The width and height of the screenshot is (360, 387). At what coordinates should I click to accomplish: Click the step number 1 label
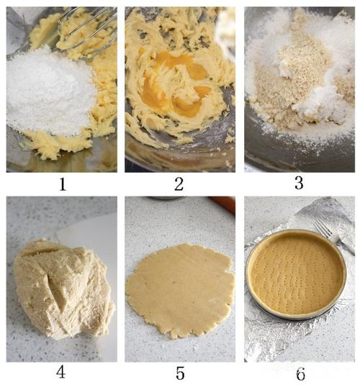[x=63, y=184]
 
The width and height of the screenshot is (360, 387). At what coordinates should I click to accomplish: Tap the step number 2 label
[x=179, y=184]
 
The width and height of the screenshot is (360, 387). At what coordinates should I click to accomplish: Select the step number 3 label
[x=299, y=183]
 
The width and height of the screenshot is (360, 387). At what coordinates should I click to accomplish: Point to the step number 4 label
[x=60, y=372]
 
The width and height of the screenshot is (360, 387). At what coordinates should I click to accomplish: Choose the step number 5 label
[x=180, y=373]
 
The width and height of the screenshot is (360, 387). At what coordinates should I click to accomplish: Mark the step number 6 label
[x=300, y=374]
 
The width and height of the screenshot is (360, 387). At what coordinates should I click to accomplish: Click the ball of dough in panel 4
[x=63, y=288]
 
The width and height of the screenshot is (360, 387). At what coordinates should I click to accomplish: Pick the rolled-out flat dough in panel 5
[x=180, y=291]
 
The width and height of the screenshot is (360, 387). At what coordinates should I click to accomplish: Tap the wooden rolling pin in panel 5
[x=222, y=204]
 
